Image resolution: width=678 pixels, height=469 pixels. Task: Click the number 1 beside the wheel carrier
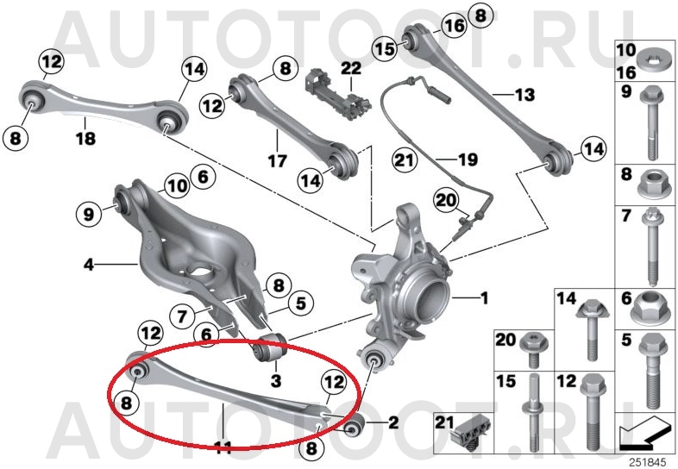pyautogui.click(x=485, y=297)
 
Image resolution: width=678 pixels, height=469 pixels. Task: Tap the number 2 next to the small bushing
pyautogui.click(x=393, y=422)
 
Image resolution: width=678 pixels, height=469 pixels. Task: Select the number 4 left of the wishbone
pyautogui.click(x=89, y=264)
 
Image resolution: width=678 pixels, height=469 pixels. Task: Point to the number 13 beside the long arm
pyautogui.click(x=524, y=94)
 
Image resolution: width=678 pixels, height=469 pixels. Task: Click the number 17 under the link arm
pyautogui.click(x=277, y=161)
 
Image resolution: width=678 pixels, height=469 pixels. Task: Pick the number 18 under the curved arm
pyautogui.click(x=85, y=138)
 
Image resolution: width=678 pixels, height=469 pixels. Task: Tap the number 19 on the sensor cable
pyautogui.click(x=468, y=159)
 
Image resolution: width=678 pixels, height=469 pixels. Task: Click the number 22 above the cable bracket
pyautogui.click(x=351, y=68)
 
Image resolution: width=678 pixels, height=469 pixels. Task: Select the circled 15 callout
pyautogui.click(x=385, y=48)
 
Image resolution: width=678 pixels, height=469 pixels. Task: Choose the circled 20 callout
pyautogui.click(x=446, y=200)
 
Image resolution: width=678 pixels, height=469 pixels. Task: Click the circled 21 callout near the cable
pyautogui.click(x=405, y=160)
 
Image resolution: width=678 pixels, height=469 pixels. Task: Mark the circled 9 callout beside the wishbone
pyautogui.click(x=88, y=214)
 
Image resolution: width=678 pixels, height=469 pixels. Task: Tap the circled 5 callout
pyautogui.click(x=300, y=303)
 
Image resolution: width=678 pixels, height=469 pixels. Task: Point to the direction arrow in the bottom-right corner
pyautogui.click(x=644, y=430)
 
